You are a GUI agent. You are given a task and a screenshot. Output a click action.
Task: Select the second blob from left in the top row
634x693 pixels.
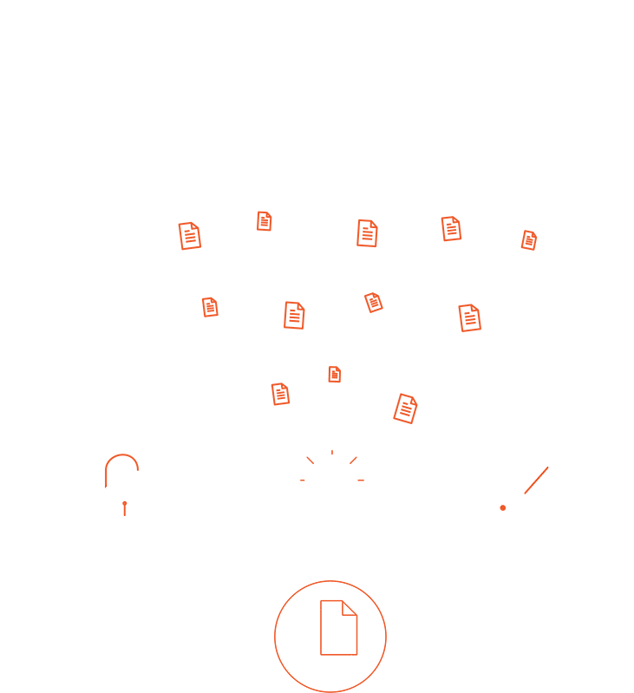pyautogui.click(x=272, y=223)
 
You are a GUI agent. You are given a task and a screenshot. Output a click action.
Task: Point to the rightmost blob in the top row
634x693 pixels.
pyautogui.click(x=538, y=247)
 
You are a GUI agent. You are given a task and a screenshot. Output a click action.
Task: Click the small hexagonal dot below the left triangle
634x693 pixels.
pyautogui.click(x=125, y=505)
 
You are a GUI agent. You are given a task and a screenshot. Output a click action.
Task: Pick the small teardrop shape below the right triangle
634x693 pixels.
pyautogui.click(x=526, y=493)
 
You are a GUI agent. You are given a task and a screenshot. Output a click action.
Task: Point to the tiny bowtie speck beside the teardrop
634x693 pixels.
pyautogui.click(x=502, y=508)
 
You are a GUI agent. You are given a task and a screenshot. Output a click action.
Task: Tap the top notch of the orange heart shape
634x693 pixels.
pyautogui.click(x=330, y=583)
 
